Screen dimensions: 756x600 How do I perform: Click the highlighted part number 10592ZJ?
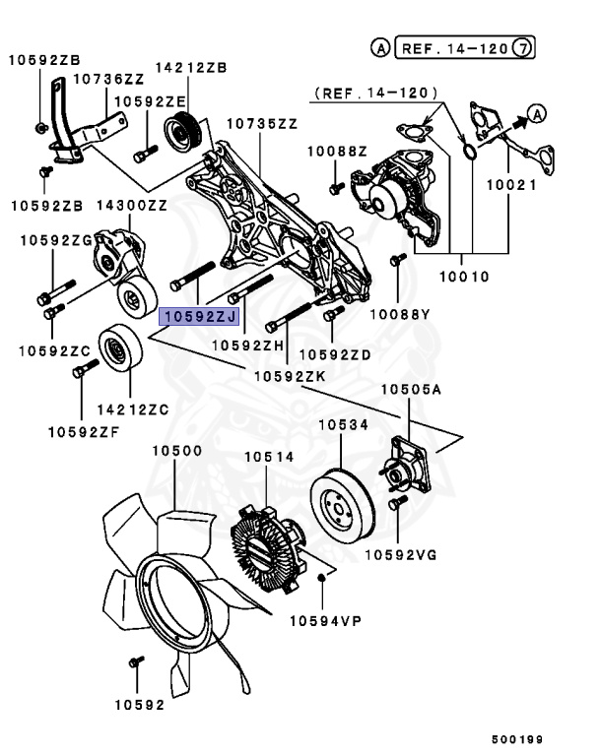[x=199, y=316]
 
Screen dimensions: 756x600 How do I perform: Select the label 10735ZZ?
[x=261, y=124]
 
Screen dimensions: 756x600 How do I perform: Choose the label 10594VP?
[x=326, y=620]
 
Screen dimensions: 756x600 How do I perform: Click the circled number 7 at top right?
[x=526, y=46]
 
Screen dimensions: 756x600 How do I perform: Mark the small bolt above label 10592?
[x=136, y=668]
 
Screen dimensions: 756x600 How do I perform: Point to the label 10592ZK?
[x=289, y=375]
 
